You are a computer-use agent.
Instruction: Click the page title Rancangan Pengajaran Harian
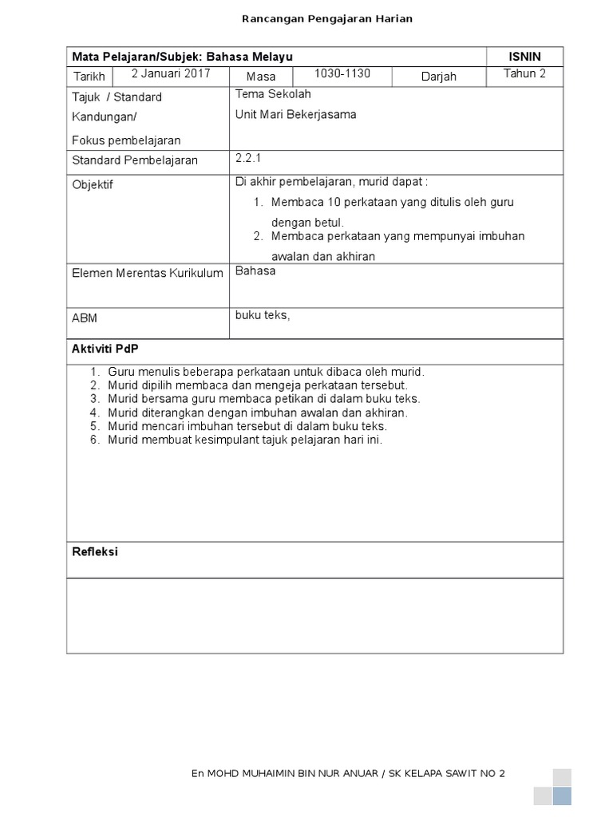[327, 18]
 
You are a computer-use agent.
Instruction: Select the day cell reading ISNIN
[524, 56]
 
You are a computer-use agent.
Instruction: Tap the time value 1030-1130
[342, 73]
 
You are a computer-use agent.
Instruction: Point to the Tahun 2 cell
[524, 73]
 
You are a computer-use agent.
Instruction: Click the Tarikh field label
[89, 77]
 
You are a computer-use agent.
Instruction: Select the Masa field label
[261, 77]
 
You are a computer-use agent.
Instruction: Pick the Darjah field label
[438, 77]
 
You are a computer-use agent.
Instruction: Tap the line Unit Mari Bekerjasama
[295, 114]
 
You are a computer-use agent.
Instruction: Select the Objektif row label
[93, 184]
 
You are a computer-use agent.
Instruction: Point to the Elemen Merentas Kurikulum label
[147, 274]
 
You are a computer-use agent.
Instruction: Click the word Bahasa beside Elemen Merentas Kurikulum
[255, 271]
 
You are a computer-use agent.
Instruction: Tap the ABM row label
[85, 318]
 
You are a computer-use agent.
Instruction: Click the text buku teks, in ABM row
[263, 315]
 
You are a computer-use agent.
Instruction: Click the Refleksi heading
[95, 551]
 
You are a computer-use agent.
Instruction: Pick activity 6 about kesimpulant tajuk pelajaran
[244, 440]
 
